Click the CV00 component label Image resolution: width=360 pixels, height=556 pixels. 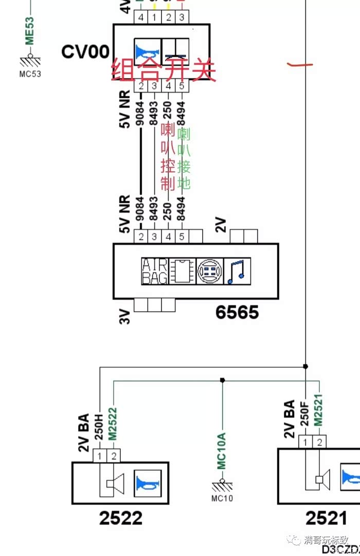click(85, 51)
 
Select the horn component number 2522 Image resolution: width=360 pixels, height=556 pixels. click(121, 517)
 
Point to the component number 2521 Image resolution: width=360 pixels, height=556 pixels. click(326, 517)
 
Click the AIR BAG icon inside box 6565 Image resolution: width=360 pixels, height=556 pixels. click(154, 271)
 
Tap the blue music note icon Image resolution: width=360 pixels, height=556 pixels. click(238, 271)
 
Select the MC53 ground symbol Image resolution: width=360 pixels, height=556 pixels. click(30, 60)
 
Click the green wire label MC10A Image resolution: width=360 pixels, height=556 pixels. click(222, 451)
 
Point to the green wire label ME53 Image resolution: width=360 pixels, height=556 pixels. click(29, 31)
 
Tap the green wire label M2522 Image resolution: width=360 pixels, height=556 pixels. click(113, 423)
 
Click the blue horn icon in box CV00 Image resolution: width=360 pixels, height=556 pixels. click(148, 51)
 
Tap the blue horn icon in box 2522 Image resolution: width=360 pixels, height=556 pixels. click(148, 483)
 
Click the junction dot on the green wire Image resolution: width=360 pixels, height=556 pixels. click(222, 380)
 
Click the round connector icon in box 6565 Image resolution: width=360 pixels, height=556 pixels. click(210, 271)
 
